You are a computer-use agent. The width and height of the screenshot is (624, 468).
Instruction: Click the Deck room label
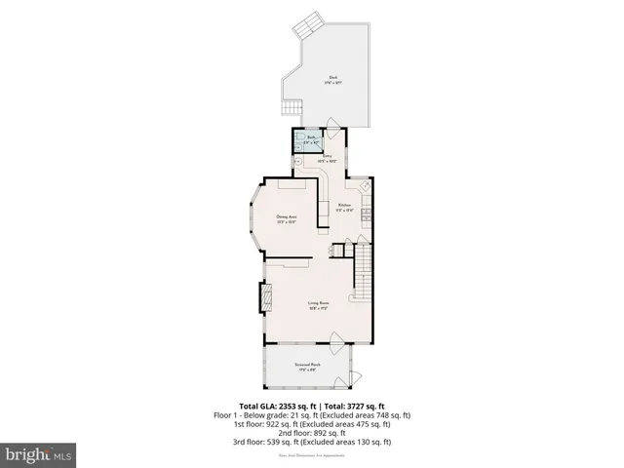332,81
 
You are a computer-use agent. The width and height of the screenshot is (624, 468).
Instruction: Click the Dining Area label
287,218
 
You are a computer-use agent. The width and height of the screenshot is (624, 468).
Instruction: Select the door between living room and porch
334,340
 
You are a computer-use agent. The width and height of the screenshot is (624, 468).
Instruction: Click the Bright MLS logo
39,453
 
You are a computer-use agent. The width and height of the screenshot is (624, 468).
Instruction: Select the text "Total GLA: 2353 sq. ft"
274,406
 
